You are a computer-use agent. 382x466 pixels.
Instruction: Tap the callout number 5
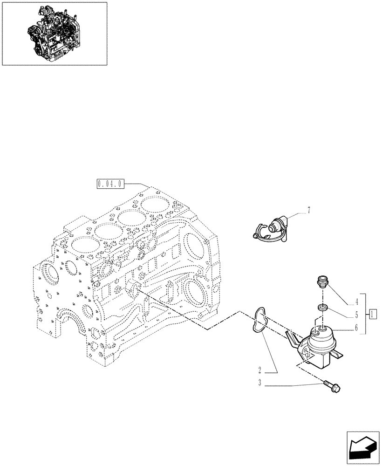[x=356, y=314]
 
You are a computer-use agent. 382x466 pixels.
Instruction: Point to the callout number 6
[x=356, y=328]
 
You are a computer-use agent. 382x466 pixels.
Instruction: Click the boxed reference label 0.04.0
[x=110, y=184]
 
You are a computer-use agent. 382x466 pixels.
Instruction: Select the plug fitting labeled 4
[x=321, y=281]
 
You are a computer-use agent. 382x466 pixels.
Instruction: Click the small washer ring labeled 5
[x=321, y=308]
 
